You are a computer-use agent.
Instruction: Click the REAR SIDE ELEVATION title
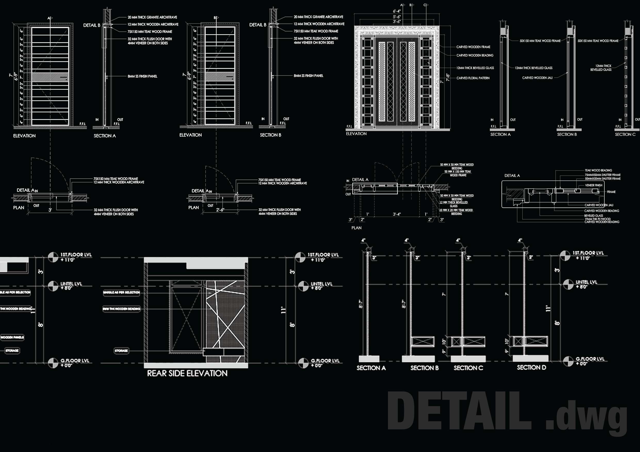pyautogui.click(x=187, y=373)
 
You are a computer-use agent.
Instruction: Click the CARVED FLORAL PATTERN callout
pyautogui.click(x=473, y=78)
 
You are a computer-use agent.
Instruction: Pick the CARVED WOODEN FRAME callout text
pyautogui.click(x=473, y=47)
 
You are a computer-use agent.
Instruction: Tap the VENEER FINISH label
pyautogui.click(x=594, y=185)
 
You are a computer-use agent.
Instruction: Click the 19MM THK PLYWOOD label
pyautogui.click(x=597, y=219)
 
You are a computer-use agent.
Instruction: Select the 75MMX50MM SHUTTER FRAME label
pyautogui.click(x=603, y=175)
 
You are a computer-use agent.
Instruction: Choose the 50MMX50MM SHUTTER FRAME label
pyautogui.click(x=603, y=179)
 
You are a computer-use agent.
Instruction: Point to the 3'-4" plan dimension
pyautogui.click(x=397, y=214)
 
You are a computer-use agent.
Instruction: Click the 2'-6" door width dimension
pyautogui.click(x=220, y=210)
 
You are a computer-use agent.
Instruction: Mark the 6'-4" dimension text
pyautogui.click(x=397, y=11)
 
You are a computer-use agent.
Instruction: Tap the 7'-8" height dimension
pyautogui.click(x=448, y=77)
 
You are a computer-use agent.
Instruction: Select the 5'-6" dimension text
pyautogui.click(x=397, y=17)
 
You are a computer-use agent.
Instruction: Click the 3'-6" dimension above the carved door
pyautogui.click(x=397, y=22)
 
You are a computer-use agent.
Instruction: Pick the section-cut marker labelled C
pyautogui.click(x=426, y=5)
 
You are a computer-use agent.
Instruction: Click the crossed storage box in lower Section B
pyautogui.click(x=423, y=342)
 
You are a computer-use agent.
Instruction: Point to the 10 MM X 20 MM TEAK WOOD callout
pyautogui.click(x=456, y=210)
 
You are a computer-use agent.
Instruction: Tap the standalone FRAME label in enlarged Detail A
pyautogui.click(x=611, y=192)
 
